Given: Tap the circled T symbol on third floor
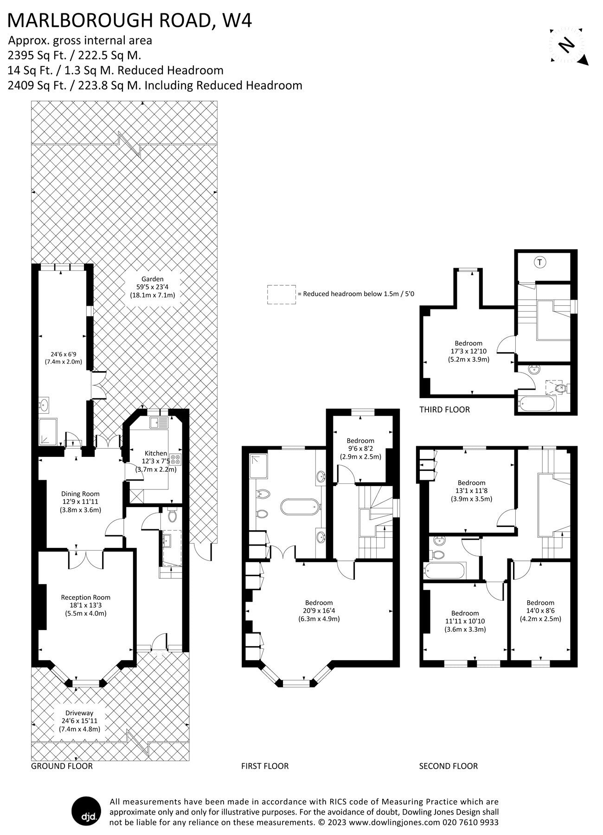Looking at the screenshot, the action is (x=539, y=263).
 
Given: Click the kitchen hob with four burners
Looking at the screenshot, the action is (x=176, y=459).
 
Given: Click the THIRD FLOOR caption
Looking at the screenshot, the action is (x=444, y=410).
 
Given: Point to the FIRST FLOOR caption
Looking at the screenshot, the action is (x=265, y=766).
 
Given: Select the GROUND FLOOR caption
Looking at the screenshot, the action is (x=62, y=766).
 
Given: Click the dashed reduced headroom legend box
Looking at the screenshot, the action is (x=281, y=295).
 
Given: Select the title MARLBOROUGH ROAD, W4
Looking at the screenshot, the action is (x=130, y=20).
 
